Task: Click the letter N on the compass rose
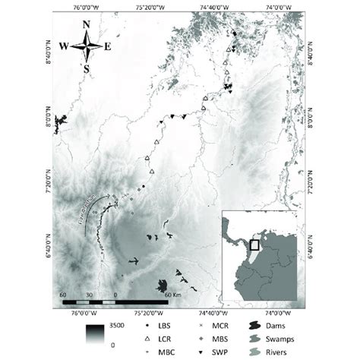pos(87,24)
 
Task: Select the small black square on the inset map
pos(255,245)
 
